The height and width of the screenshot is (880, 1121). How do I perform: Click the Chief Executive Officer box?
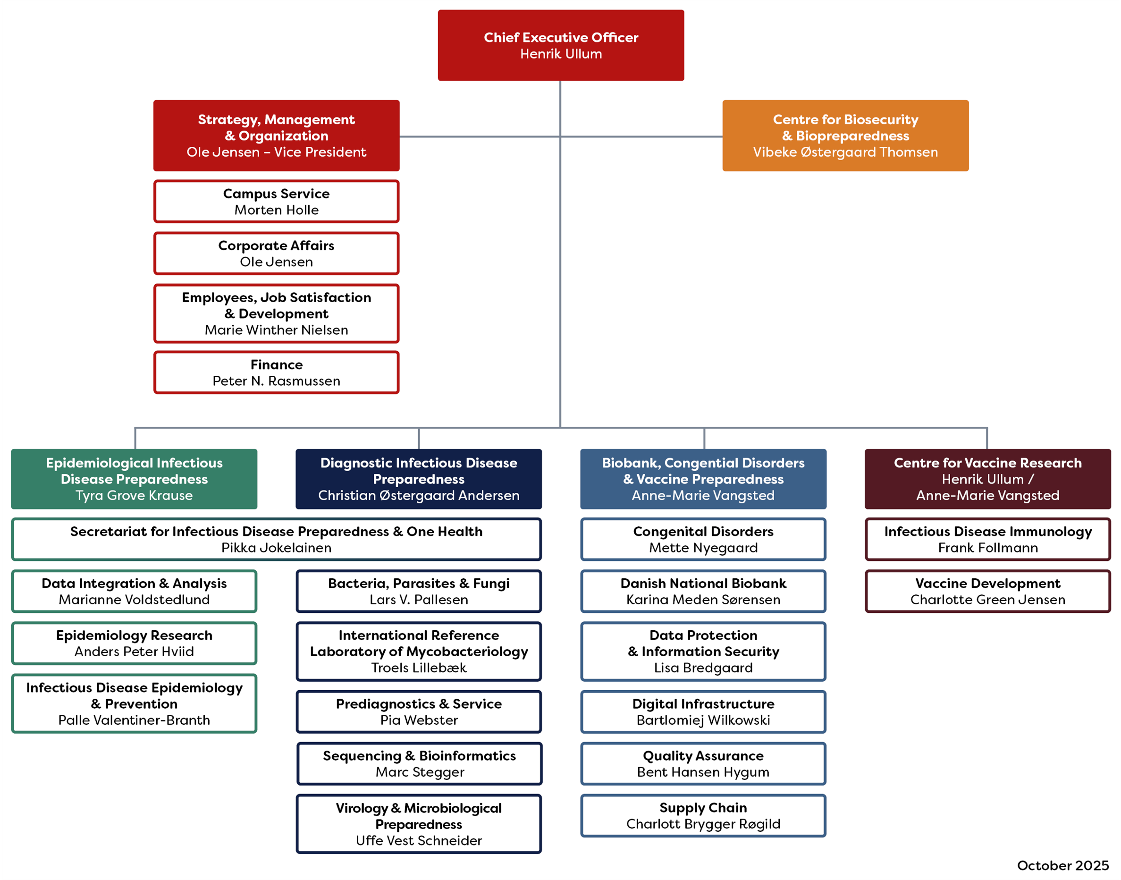tap(561, 45)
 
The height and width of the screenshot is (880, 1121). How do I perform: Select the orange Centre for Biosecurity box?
tap(845, 135)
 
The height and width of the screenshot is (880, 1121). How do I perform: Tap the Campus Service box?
tap(276, 202)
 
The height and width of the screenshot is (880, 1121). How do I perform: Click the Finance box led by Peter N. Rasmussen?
tap(276, 372)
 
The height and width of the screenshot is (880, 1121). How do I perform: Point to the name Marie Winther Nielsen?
tap(276, 330)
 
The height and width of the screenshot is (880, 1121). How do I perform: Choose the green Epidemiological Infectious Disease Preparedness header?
tap(134, 479)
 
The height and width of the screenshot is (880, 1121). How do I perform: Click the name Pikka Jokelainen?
tap(276, 548)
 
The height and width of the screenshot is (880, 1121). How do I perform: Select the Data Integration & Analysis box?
tap(134, 591)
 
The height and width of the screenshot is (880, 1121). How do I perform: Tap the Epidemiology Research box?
tap(134, 643)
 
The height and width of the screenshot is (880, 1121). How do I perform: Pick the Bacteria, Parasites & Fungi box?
tap(419, 591)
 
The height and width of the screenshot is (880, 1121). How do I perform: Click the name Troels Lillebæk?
tap(419, 668)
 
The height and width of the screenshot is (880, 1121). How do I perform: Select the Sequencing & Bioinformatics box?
tap(419, 763)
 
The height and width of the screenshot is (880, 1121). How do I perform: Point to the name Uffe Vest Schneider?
tap(419, 840)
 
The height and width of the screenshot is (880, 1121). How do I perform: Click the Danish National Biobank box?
tap(703, 591)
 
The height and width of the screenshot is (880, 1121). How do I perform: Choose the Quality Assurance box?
tap(703, 763)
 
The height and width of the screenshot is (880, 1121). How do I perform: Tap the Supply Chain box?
tap(703, 816)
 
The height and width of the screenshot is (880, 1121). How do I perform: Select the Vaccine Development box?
tap(987, 591)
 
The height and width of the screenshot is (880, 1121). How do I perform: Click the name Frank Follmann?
tap(987, 548)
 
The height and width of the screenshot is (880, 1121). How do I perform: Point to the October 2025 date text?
tap(1062, 865)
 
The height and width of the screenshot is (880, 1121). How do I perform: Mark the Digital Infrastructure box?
tap(703, 711)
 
